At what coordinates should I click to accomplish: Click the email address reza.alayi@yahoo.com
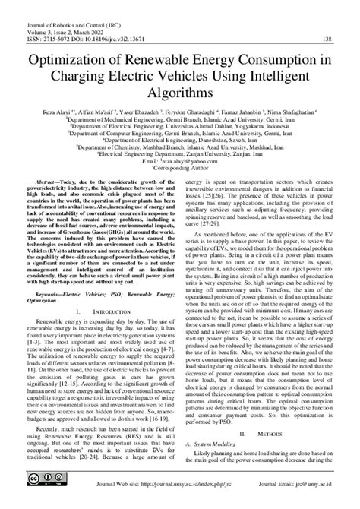pyautogui.click(x=185, y=161)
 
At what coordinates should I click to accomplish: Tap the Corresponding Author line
pyautogui.click(x=180, y=168)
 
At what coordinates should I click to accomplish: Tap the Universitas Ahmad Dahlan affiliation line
pyautogui.click(x=179, y=126)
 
